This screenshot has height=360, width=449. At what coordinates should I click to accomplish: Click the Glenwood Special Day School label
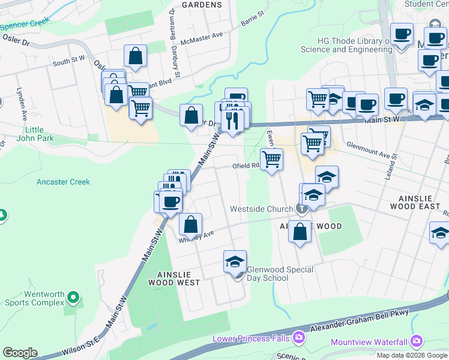tap(280, 274)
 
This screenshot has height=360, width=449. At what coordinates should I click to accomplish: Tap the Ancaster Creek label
tap(63, 182)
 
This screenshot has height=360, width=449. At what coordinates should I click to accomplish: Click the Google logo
tap(20, 353)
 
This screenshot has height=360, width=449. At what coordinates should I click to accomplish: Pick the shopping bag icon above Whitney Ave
tap(190, 224)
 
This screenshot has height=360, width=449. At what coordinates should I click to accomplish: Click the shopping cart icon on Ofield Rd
tap(272, 160)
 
